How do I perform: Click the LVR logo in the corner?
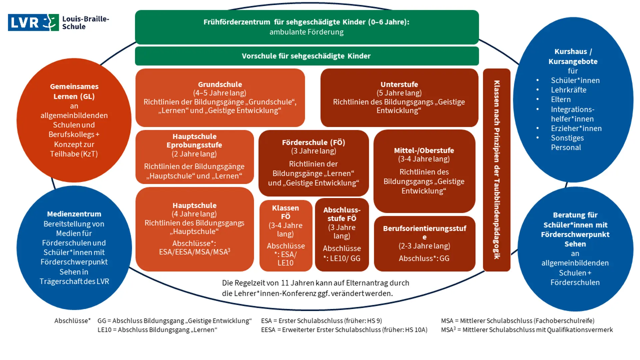pos(33,23)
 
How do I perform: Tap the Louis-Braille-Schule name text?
pos(85,23)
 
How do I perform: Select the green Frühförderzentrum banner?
pos(306,27)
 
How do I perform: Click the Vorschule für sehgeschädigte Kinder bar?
pos(306,56)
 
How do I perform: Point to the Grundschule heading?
pos(220,84)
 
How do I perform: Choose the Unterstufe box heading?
pos(399,84)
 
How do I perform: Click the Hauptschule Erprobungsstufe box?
pos(194,157)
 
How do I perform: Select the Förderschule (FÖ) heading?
pos(313,142)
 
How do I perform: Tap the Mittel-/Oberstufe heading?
pos(424,150)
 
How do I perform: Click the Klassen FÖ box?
pos(286,235)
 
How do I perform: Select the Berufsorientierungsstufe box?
pos(424,243)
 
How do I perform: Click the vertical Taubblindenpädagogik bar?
pos(496,170)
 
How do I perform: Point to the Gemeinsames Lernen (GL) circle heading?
pos(74,91)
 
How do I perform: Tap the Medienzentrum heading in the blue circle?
pos(74,214)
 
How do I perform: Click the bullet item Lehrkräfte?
pos(568,90)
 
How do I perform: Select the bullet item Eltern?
pos(561,100)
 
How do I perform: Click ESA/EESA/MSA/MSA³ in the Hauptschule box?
pos(194,252)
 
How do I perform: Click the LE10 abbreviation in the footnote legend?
pos(104,330)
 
